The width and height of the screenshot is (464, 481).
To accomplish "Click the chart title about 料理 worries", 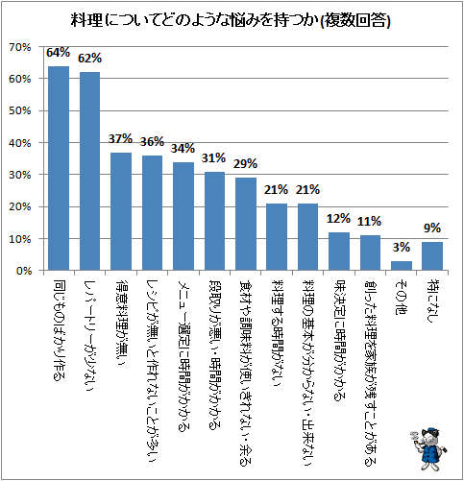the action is click(231, 21).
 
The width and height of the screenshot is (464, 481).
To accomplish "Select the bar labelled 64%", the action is click(59, 168).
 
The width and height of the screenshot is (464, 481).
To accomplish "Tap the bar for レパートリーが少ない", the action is click(89, 171).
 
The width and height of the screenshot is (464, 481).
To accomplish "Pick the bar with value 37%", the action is click(121, 211).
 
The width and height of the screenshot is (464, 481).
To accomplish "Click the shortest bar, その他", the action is click(402, 266).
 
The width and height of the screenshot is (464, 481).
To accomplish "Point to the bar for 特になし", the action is click(432, 256).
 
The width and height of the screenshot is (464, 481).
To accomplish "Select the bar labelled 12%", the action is click(339, 252).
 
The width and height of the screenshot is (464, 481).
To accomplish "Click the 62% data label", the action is click(89, 59).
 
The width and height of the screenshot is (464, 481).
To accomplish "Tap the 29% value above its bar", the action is click(245, 164).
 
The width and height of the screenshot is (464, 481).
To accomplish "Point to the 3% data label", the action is click(402, 247).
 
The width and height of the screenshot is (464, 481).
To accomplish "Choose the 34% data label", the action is click(183, 149).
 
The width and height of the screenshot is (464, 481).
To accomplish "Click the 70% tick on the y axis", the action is click(20, 47).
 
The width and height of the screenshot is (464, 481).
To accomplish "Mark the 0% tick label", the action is click(23, 271).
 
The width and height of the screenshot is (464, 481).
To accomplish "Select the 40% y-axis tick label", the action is click(20, 143).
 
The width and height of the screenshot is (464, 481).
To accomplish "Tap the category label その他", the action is click(402, 297).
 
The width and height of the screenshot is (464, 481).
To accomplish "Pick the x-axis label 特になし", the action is click(432, 301).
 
